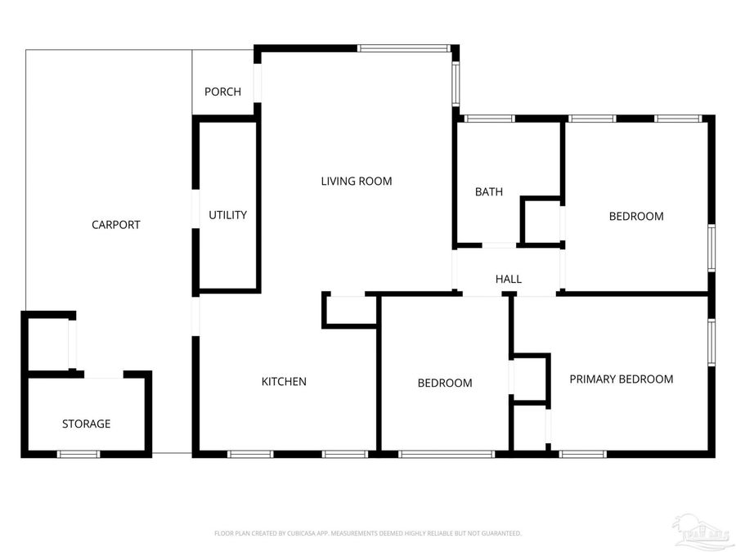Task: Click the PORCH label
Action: coord(222,92)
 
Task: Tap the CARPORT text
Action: coord(115,225)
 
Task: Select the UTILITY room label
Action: coord(227,215)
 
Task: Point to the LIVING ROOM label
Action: coord(356,182)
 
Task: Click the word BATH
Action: coord(488,192)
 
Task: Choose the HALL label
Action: coord(508,280)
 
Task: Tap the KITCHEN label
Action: coord(284,382)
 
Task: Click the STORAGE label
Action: coord(86,424)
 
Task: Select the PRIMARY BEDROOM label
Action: coord(621,379)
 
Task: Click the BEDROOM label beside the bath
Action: coord(635,217)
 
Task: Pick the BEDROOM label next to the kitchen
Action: coord(444,384)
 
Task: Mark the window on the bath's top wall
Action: coord(489,119)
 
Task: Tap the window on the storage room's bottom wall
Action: coord(79,454)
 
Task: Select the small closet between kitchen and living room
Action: coord(350,310)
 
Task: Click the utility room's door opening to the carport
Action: coord(195,210)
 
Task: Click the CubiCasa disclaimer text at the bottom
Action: coord(367,533)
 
